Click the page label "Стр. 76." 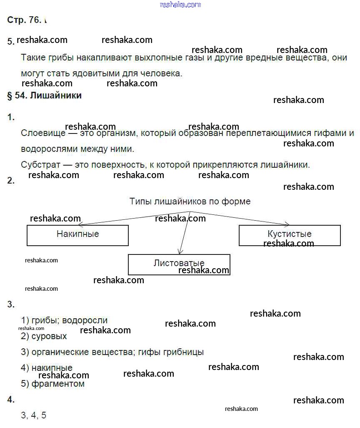[24, 20]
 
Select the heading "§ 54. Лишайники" [45, 96]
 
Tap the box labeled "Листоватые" [179, 264]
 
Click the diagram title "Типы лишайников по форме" [190, 201]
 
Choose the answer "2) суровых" [44, 336]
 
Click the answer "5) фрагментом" [52, 384]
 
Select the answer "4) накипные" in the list [47, 368]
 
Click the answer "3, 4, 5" [34, 415]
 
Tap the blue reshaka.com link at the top [180, 5]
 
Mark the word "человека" [161, 74]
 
